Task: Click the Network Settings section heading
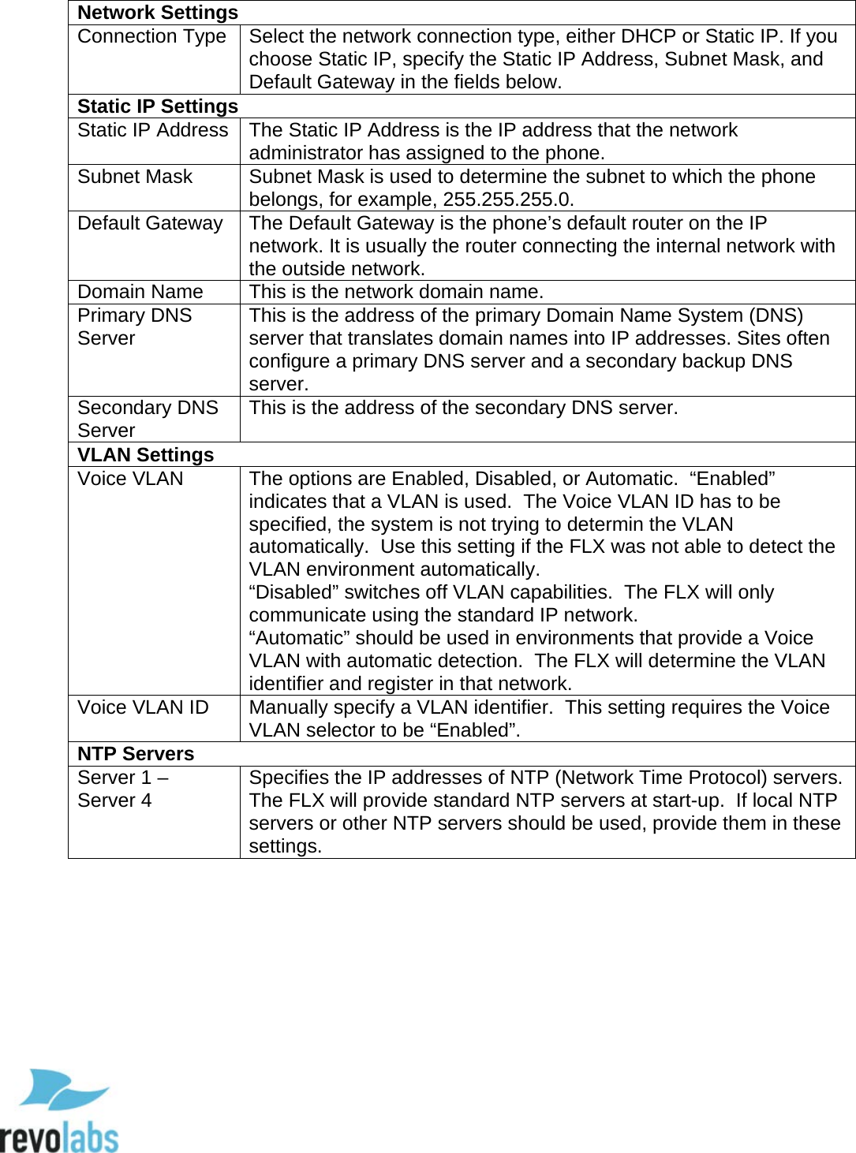[x=157, y=13]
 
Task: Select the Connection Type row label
[x=151, y=36]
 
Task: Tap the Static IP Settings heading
[x=157, y=106]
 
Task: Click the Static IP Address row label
[x=152, y=130]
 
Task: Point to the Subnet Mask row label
[x=135, y=177]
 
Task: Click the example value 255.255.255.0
[x=507, y=200]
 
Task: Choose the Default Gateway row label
[x=150, y=223]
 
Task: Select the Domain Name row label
[x=140, y=292]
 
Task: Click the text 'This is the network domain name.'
[x=396, y=292]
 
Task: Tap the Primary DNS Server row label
[x=134, y=326]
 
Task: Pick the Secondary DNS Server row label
[x=148, y=419]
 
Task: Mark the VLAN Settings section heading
[x=145, y=455]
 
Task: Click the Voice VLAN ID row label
[x=143, y=707]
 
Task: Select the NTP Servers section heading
[x=136, y=754]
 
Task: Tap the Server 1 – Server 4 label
[x=122, y=789]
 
